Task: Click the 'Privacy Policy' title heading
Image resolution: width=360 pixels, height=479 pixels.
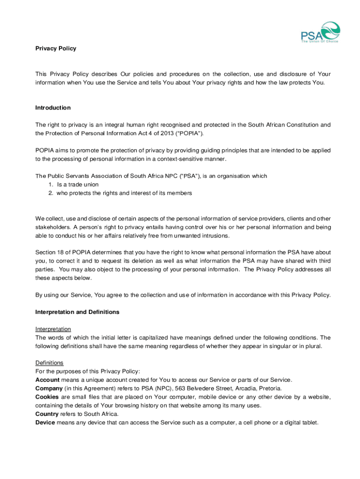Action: [x=56, y=49]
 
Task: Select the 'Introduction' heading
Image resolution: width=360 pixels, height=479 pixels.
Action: [x=53, y=108]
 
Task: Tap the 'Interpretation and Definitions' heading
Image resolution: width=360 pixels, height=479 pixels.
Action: [x=77, y=312]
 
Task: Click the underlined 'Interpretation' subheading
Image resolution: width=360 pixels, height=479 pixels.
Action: [x=53, y=329]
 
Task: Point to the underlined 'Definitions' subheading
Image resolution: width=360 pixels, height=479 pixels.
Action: [x=50, y=363]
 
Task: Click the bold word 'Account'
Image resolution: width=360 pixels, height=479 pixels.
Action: [x=47, y=380]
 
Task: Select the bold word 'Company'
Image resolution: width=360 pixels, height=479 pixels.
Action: [x=49, y=388]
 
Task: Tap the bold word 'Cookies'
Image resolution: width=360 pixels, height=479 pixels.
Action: [x=47, y=397]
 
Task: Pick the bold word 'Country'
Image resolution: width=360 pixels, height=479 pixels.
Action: [x=47, y=414]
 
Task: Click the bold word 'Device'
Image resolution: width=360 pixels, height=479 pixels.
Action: [x=45, y=422]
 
